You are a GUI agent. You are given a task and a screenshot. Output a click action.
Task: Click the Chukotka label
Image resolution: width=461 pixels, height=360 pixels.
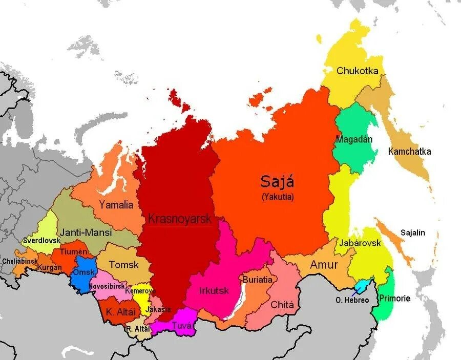click(357, 71)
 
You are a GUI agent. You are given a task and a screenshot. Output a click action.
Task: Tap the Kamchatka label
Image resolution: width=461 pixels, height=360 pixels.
click(409, 152)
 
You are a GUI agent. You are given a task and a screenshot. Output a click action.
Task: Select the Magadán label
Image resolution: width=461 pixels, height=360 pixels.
click(354, 139)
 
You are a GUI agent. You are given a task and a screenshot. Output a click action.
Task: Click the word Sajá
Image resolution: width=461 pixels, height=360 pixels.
click(278, 181)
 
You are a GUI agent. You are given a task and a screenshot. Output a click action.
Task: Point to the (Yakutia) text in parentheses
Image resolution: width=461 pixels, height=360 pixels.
click(278, 197)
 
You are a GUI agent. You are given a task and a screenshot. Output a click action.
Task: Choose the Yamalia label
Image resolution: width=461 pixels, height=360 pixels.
click(116, 205)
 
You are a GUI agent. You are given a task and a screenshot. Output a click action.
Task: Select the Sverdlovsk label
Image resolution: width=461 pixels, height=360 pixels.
click(41, 240)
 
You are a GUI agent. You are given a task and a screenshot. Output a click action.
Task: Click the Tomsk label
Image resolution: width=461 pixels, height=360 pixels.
click(124, 265)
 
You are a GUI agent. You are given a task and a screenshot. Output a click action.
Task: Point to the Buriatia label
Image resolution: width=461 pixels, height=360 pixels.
click(258, 281)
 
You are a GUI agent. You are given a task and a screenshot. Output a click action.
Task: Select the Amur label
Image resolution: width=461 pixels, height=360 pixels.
click(324, 264)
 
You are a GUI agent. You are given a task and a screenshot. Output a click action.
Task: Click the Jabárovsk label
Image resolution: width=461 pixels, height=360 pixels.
click(361, 243)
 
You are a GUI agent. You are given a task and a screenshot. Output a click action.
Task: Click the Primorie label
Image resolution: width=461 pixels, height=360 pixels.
click(394, 298)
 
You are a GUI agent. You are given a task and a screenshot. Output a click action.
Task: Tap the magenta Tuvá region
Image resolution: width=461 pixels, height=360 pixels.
click(177, 324)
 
